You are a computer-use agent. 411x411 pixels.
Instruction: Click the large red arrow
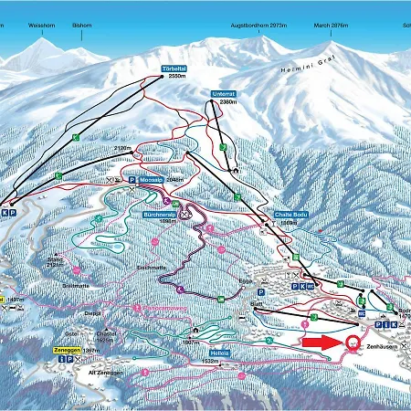[321, 342]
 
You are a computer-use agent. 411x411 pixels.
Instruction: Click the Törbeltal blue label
[174, 68]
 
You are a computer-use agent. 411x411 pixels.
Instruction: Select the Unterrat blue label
[225, 93]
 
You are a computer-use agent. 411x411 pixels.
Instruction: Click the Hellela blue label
[217, 353]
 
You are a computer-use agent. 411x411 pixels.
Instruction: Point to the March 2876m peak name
[332, 26]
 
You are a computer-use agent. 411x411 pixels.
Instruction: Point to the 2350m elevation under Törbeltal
[176, 78]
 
